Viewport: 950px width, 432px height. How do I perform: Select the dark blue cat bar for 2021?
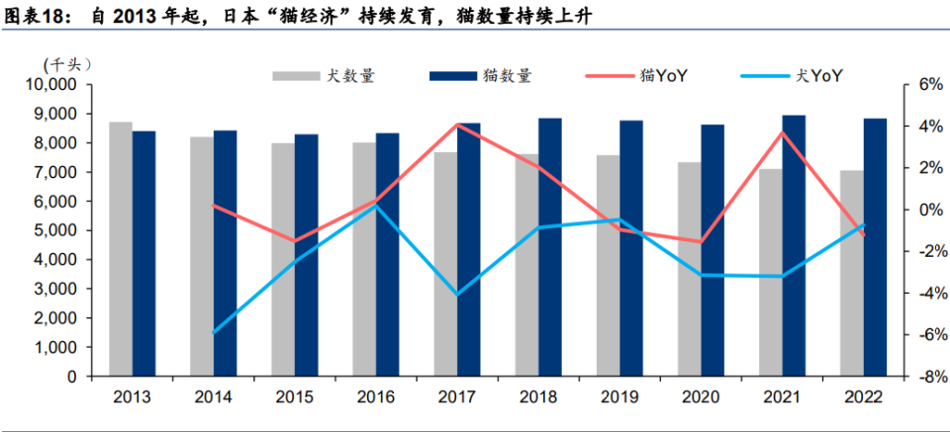(x=794, y=246)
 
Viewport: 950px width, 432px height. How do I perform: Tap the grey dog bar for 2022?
(x=851, y=274)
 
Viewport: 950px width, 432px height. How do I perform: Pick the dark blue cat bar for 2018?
(x=550, y=247)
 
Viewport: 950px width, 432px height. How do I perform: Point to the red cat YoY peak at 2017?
(x=457, y=124)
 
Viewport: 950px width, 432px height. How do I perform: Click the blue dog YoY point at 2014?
(x=214, y=333)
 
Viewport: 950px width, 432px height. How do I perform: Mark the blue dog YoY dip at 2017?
(x=457, y=295)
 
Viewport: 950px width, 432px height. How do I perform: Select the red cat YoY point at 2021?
(x=782, y=132)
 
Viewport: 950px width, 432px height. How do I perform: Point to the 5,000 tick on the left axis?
(x=55, y=230)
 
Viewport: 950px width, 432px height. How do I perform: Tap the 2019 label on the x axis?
(x=620, y=396)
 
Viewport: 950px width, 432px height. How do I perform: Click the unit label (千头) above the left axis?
(x=68, y=63)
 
